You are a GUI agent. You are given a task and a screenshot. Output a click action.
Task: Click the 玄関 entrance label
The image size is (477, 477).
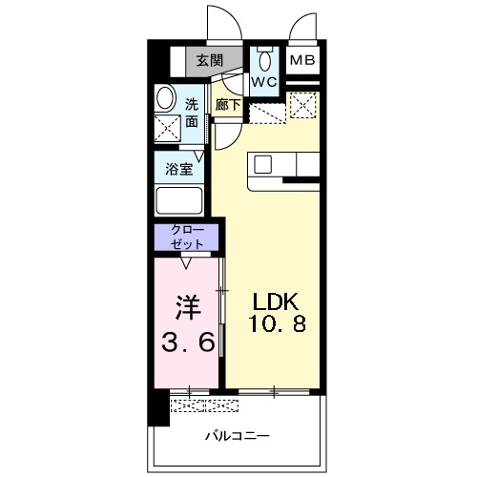pyautogui.click(x=209, y=60)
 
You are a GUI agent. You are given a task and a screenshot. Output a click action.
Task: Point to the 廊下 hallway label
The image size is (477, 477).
pyautogui.click(x=227, y=104)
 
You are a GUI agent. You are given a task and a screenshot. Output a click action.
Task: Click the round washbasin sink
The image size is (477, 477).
pyautogui.click(x=166, y=98)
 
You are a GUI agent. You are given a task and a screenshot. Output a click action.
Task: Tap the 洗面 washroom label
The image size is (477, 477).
pyautogui.click(x=192, y=113)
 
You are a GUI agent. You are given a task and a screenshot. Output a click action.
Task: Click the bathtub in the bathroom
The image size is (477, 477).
pyautogui.click(x=177, y=201)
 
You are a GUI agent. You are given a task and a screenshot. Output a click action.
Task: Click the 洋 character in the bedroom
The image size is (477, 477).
pyautogui.click(x=188, y=306)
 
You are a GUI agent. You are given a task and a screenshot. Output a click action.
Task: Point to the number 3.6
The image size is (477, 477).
pyautogui.click(x=187, y=339)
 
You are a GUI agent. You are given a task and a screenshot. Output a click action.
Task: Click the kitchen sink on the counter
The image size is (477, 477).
pyautogui.click(x=263, y=164)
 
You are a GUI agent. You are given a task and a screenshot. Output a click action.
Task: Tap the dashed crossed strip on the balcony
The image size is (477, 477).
pyautogui.click(x=204, y=404)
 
